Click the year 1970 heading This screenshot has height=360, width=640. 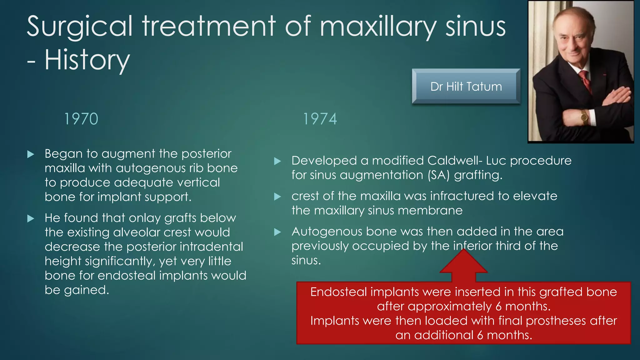click(81, 119)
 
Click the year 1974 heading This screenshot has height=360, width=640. click(320, 119)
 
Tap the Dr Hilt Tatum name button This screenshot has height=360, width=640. click(466, 87)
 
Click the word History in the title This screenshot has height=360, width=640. click(87, 60)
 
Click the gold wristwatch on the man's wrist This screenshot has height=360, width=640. click(584, 117)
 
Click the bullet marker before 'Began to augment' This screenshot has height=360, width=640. click(31, 154)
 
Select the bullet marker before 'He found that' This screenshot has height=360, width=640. click(31, 218)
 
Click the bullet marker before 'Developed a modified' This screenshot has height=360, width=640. click(277, 161)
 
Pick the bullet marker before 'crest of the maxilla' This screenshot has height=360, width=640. click(277, 197)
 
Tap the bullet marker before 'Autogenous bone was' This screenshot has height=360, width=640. click(277, 232)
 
